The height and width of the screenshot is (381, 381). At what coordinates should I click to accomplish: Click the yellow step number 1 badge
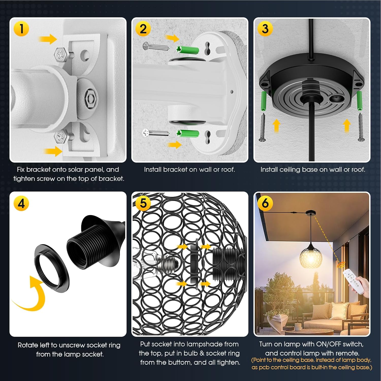(21, 28)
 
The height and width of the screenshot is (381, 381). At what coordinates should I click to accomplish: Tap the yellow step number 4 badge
(21, 204)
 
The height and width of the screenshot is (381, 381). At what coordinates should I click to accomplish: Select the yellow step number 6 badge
(265, 203)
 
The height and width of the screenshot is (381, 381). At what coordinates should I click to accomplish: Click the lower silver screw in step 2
(156, 133)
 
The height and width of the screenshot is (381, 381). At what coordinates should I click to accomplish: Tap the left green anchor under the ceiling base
(263, 100)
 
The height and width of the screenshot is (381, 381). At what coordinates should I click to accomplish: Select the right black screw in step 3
(360, 127)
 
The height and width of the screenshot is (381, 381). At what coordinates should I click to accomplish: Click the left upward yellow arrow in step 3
(276, 126)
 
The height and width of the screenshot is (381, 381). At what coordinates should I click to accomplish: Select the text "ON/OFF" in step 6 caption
(328, 344)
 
